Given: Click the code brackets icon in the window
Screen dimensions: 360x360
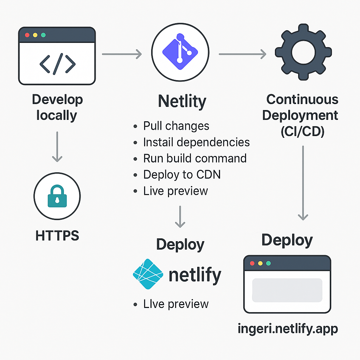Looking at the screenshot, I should pyautogui.click(x=57, y=64).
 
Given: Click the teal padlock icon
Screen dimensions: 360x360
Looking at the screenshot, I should pyautogui.click(x=57, y=195).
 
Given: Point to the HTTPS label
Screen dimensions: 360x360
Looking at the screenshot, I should pyautogui.click(x=57, y=235).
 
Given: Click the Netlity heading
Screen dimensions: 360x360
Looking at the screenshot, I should pyautogui.click(x=182, y=101).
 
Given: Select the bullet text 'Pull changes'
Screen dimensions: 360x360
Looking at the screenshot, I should pyautogui.click(x=176, y=126).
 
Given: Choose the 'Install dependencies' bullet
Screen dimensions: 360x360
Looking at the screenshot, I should pyautogui.click(x=196, y=142).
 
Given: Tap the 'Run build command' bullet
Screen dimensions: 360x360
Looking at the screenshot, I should pyautogui.click(x=194, y=158).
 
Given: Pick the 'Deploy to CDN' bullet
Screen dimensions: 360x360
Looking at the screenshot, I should pyautogui.click(x=182, y=174).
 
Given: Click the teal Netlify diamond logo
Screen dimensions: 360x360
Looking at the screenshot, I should pyautogui.click(x=148, y=274).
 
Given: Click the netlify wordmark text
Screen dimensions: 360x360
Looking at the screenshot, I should pyautogui.click(x=195, y=275).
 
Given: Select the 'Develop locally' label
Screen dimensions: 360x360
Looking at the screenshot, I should pyautogui.click(x=57, y=107).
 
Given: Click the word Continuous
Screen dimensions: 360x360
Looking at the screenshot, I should pyautogui.click(x=302, y=99).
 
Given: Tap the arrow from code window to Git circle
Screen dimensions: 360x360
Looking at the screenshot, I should pyautogui.click(x=122, y=54).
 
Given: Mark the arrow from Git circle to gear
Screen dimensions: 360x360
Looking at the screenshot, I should pyautogui.click(x=242, y=54).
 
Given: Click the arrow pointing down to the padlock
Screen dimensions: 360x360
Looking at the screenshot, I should pyautogui.click(x=57, y=147).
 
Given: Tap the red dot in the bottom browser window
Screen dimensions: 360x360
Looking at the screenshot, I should pyautogui.click(x=252, y=263).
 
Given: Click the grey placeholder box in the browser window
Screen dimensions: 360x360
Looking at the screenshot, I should pyautogui.click(x=287, y=290).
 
